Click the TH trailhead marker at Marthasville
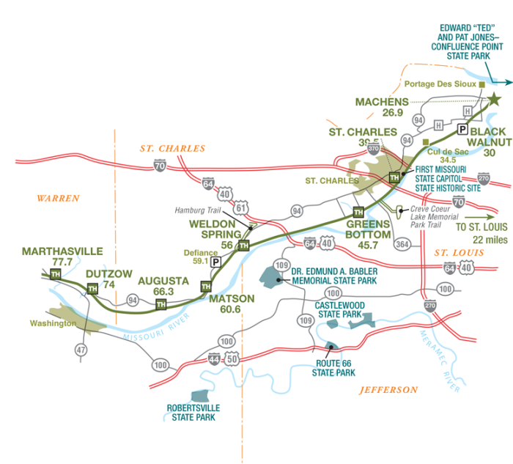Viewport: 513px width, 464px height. coord(55,274)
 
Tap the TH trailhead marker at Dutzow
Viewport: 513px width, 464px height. coord(92,289)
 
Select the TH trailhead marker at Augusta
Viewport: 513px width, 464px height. coord(160,304)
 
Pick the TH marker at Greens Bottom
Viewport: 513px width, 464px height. coord(358,212)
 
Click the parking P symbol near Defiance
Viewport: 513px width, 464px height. coord(215,262)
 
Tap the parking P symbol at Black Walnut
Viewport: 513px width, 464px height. coord(462,129)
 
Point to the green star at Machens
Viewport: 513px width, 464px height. coord(494,99)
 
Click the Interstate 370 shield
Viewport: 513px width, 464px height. coord(373,149)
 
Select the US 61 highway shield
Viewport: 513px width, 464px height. coord(241,207)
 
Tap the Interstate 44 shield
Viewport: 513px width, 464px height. coord(214,359)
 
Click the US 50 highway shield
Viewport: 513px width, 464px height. coord(232,358)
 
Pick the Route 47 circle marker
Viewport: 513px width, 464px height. coord(81,350)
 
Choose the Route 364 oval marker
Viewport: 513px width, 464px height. coord(402,244)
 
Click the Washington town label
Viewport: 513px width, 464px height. coord(53,323)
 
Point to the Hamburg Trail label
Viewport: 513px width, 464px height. coord(198,210)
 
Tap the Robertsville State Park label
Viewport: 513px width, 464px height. coord(193,413)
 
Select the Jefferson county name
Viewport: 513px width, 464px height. coord(388,390)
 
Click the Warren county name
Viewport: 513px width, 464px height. coord(58,199)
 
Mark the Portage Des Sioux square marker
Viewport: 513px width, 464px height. coord(481,84)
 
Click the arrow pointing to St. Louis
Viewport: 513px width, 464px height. coord(479,217)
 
